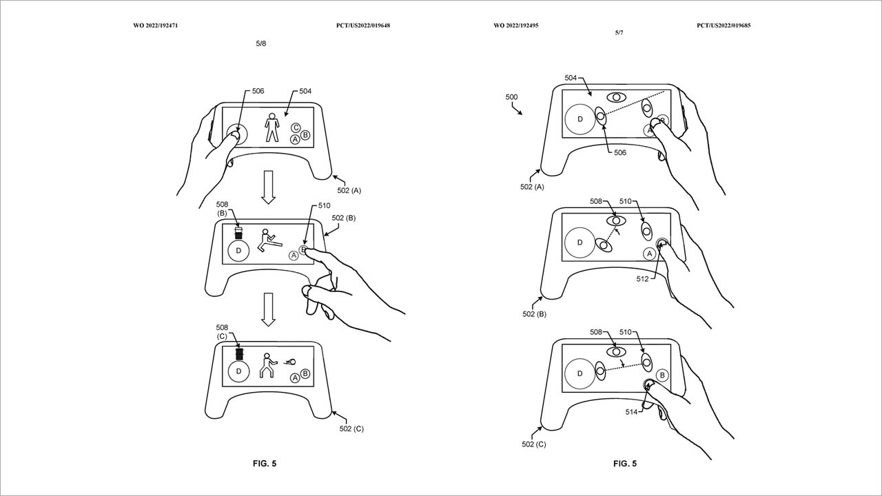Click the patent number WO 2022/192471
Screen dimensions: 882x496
coord(156,25)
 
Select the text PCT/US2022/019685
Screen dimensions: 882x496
coord(724,25)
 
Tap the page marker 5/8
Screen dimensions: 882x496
coord(261,43)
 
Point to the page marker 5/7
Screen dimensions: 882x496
coord(619,32)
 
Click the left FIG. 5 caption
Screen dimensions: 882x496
coord(265,464)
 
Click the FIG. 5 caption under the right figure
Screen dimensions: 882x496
coord(625,464)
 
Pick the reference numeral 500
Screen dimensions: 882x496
coord(511,97)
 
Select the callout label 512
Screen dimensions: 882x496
coord(642,279)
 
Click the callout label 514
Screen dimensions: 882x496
coord(631,412)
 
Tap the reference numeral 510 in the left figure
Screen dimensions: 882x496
coord(325,205)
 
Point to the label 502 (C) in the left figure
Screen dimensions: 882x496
coord(351,428)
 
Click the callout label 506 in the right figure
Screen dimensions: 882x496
coord(620,153)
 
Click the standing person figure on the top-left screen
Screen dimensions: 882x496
coord(271,127)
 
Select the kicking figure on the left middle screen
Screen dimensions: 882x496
coord(269,240)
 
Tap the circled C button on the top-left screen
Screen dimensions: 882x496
coord(296,127)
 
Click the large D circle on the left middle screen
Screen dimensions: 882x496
coord(238,251)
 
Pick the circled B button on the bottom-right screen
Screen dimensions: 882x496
coord(662,375)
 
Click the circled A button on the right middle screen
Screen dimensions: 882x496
coord(650,254)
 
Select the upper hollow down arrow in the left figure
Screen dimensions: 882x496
coord(269,187)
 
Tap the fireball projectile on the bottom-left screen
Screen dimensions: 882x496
coord(291,362)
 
